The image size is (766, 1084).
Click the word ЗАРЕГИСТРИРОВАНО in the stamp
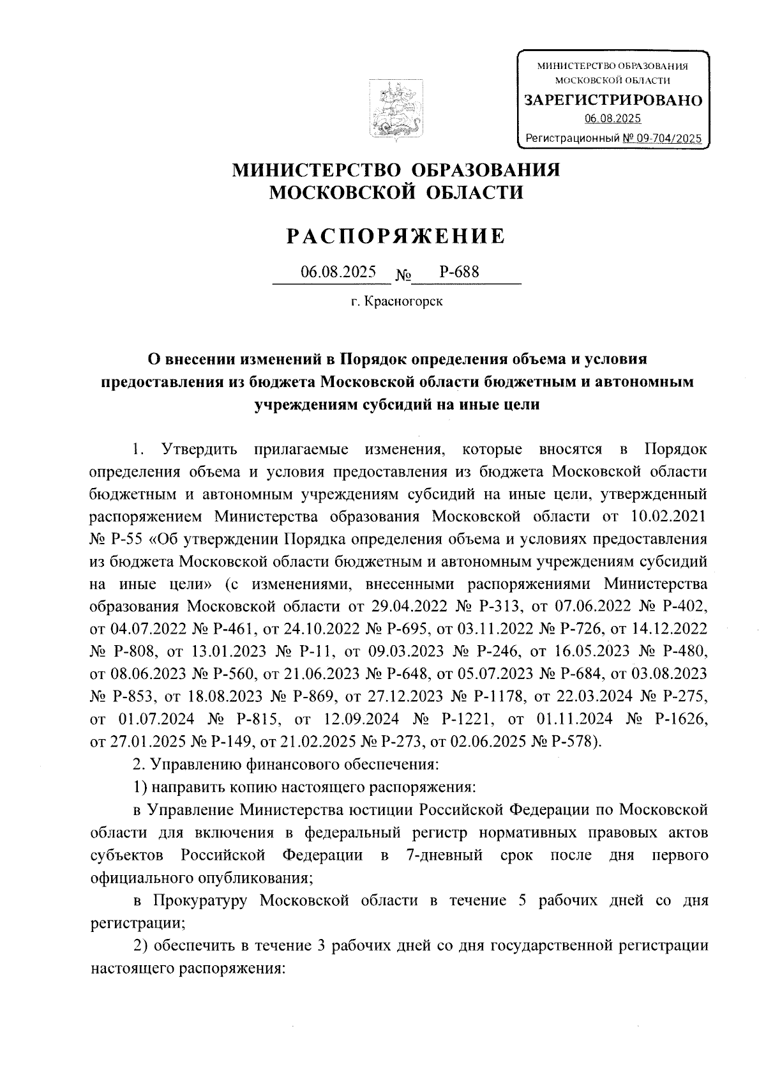point(613,101)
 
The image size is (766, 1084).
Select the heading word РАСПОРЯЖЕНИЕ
point(395,237)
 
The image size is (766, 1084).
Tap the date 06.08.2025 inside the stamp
point(613,119)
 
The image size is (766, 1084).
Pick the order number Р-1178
point(489,696)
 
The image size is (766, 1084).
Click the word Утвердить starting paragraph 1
point(200,448)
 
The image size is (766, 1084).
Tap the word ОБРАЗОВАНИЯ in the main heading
point(488,170)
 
